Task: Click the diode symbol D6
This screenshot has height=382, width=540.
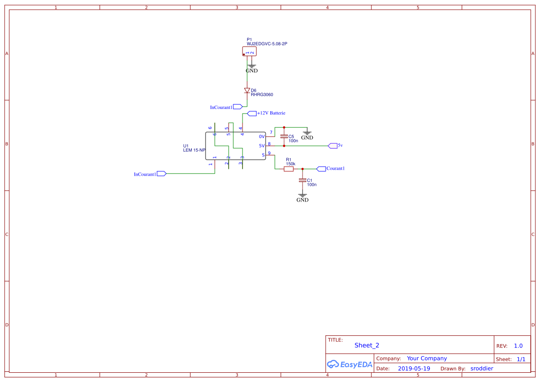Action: point(247,90)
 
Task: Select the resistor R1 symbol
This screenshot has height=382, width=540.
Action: point(288,169)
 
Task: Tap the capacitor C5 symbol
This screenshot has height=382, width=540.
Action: point(284,137)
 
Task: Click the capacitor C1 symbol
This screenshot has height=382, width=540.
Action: point(303,180)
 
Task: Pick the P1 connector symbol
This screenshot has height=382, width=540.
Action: point(249,52)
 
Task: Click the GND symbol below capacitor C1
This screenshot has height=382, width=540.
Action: point(303,198)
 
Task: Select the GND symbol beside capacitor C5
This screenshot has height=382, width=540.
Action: point(307,135)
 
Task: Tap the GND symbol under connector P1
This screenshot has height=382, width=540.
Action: point(252,68)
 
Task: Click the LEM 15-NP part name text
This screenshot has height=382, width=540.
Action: point(194,150)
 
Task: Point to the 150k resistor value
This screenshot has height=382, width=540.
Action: point(291,164)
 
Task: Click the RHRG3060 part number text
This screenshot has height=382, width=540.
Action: point(262,95)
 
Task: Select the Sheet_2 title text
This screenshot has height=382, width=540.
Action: point(367,345)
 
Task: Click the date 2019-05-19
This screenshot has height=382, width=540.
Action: point(414,369)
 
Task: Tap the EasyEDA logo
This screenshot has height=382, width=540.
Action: point(350,364)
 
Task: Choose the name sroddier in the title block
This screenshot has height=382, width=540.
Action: point(482,369)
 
